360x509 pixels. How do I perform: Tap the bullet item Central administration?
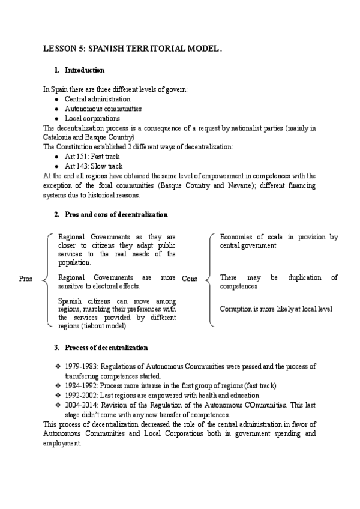point(98,99)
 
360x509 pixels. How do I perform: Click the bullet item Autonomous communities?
point(103,109)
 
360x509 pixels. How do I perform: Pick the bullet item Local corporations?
point(92,118)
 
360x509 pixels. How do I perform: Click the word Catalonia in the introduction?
point(59,137)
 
